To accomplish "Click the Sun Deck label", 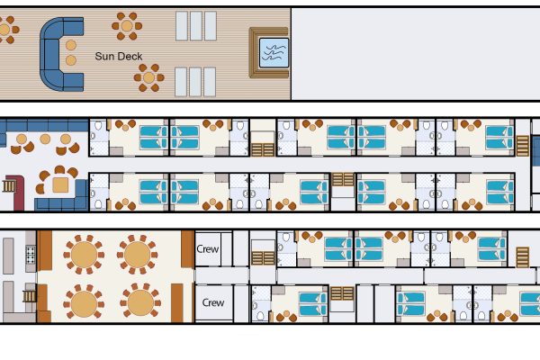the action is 119,56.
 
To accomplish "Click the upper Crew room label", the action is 207,248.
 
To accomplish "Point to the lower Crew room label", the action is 213,302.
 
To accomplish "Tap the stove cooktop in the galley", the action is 31,255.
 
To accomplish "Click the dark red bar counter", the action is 17,193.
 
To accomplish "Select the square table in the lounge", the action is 60,184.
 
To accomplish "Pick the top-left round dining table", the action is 84,255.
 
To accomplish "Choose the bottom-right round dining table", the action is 140,302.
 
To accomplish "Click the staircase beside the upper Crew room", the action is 263,258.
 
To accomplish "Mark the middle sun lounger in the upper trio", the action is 196,26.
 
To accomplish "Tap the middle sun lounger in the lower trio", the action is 195,82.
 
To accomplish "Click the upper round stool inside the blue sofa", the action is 71,45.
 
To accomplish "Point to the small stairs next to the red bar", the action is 9,186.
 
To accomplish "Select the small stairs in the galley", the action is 30,296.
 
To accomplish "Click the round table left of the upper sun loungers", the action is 127,26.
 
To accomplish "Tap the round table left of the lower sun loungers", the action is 148,77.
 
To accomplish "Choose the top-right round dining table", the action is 137,255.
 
